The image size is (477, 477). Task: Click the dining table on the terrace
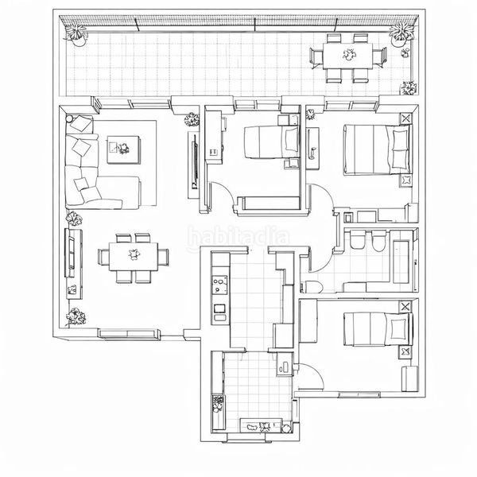(x=347, y=56)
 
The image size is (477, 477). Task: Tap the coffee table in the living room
(x=124, y=149)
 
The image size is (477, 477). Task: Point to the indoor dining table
(x=134, y=256)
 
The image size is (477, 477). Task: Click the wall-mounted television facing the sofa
(x=195, y=165)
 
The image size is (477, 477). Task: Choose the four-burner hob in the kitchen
(x=219, y=285)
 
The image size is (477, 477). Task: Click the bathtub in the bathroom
(x=401, y=262)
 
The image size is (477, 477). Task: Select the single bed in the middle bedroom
(x=271, y=142)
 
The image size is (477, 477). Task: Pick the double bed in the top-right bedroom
(x=377, y=149)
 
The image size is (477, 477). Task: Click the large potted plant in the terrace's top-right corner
(x=401, y=34)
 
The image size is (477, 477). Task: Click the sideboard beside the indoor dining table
(x=74, y=263)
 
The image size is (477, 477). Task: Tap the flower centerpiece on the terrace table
(x=349, y=55)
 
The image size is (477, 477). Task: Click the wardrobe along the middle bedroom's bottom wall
(x=269, y=204)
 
